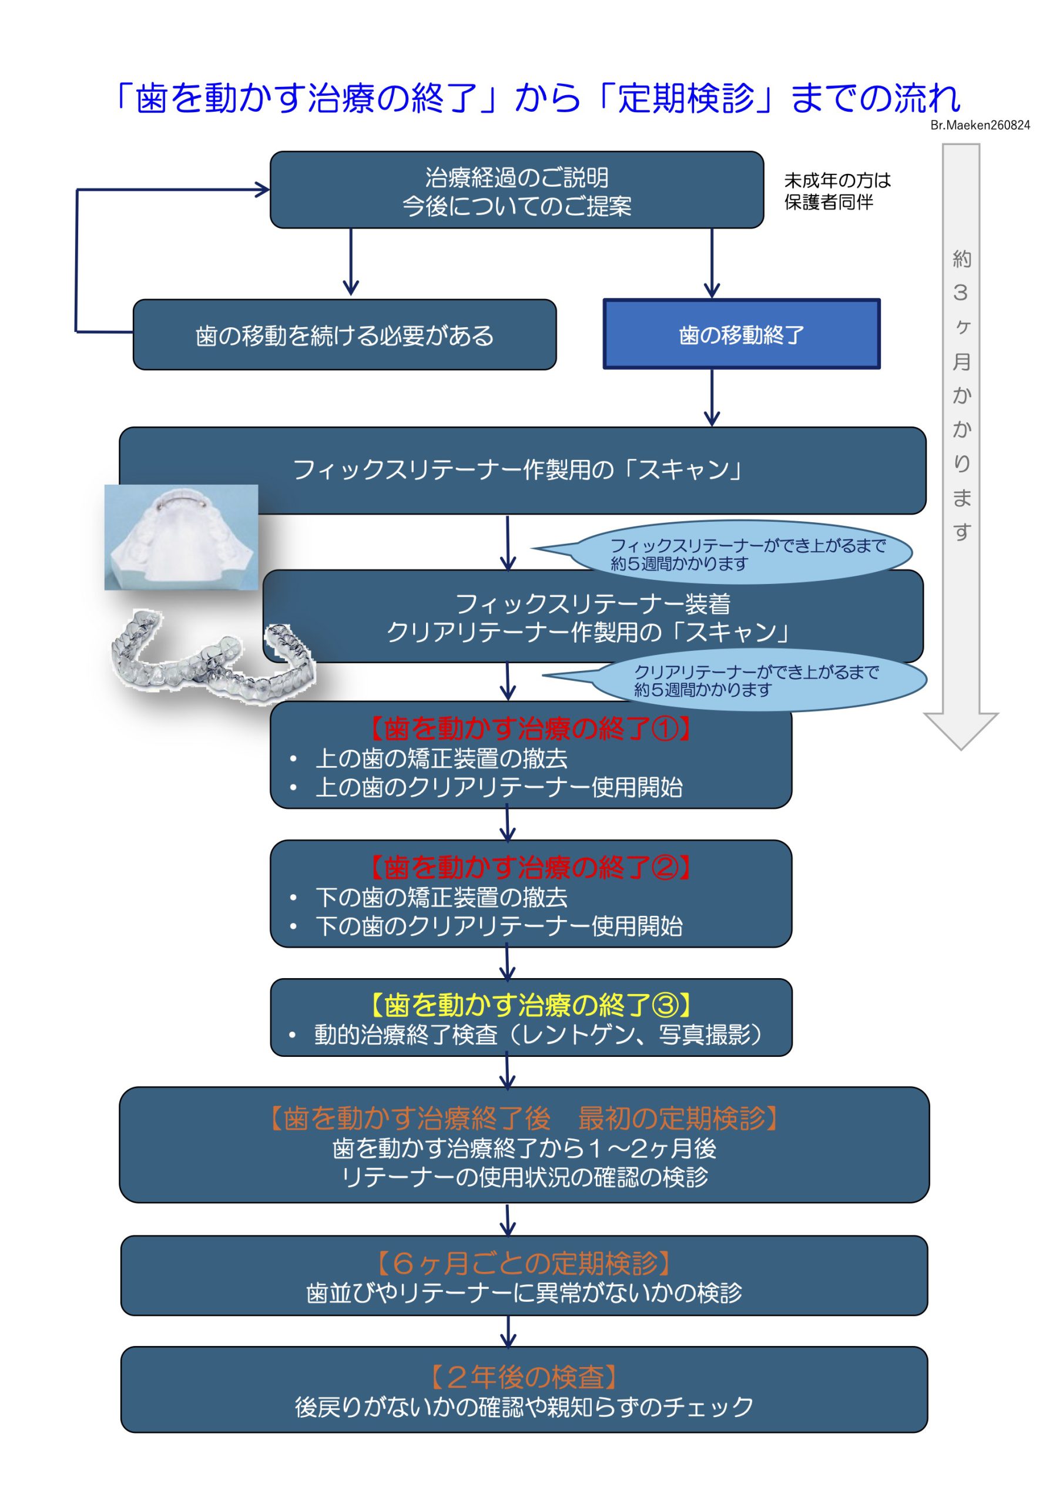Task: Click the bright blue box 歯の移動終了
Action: coord(741,334)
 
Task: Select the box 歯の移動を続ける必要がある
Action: coord(345,335)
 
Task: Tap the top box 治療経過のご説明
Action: coord(517,190)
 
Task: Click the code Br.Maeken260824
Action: coord(980,125)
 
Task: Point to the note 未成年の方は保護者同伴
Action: coord(837,192)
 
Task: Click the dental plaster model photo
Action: coord(181,537)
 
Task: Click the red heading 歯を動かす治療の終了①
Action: coord(530,729)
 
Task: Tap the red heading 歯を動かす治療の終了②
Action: coord(530,867)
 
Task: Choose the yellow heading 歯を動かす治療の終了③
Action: coord(530,1005)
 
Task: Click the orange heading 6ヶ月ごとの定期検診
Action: coord(524,1261)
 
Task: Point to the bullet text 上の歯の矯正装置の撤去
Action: coord(441,758)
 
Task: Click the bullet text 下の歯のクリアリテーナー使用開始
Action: coord(499,925)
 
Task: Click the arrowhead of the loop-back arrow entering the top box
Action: coord(263,190)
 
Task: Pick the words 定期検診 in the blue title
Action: coord(685,98)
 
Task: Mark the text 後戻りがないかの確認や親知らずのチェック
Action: coord(524,1406)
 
